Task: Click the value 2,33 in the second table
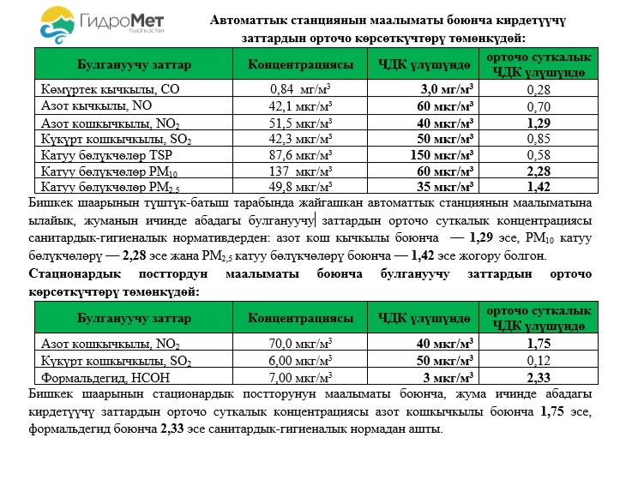[537, 376]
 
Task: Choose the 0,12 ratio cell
[537, 360]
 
